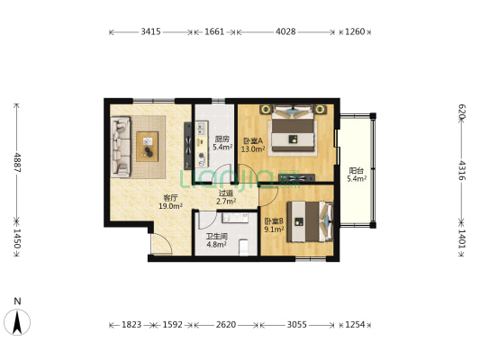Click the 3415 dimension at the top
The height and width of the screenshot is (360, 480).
coord(150,31)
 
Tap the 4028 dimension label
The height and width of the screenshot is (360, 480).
coord(285,31)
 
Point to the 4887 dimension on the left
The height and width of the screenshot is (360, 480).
coord(17,162)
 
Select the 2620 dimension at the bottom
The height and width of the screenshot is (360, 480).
coord(226,325)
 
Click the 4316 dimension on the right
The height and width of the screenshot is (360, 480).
coord(462,171)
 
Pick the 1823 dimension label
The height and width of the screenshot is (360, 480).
coord(131,325)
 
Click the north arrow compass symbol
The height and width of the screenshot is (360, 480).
coord(17,322)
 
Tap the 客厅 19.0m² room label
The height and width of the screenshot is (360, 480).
coord(170,202)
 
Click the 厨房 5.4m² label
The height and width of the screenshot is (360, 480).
coord(222,143)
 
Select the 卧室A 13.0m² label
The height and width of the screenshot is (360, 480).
coord(253,145)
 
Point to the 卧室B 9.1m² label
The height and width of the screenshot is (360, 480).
coord(274,225)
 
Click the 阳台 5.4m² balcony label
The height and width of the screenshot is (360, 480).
coord(357,175)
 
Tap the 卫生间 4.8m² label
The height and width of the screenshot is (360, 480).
coord(216,240)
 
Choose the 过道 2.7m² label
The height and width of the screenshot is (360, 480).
coord(226,197)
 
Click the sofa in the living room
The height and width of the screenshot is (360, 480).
coord(121,147)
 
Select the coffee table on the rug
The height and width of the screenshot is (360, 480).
coord(148,147)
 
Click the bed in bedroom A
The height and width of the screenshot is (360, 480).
coord(294,130)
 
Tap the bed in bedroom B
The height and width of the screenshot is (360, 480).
coord(310,221)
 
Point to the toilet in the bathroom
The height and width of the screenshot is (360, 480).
coord(244,247)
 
